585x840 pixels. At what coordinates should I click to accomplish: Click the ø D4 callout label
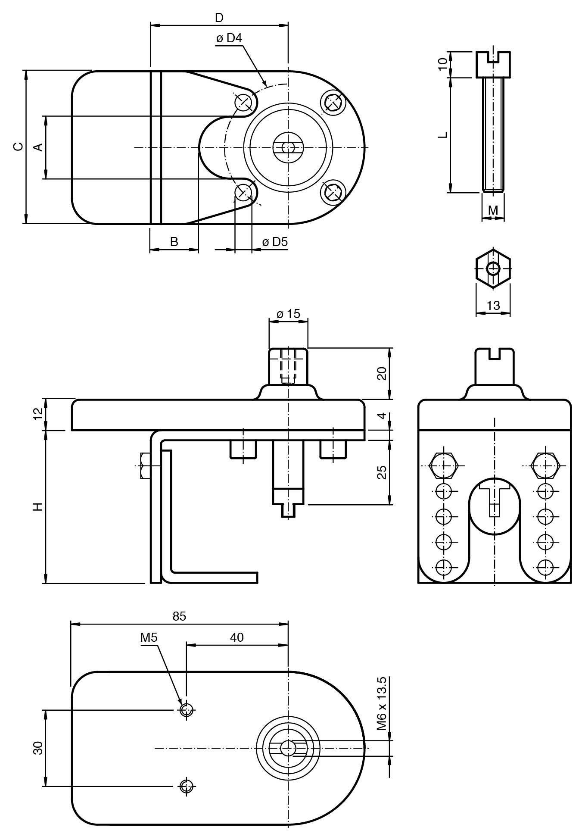(229, 38)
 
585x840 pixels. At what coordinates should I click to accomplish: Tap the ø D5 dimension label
(275, 242)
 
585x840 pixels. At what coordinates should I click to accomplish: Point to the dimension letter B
(174, 242)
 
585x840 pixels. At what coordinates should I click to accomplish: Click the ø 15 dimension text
(288, 314)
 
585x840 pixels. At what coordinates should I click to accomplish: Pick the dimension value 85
(179, 616)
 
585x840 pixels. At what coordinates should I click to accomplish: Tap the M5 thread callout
(149, 638)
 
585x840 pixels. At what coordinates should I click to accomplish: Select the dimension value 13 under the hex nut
(493, 306)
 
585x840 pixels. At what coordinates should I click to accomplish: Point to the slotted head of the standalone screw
(493, 64)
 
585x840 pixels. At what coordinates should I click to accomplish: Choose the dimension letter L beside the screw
(443, 135)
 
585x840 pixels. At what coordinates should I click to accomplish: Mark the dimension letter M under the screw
(493, 210)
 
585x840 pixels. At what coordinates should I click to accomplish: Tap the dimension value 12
(38, 414)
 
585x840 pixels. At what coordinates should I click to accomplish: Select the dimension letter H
(38, 507)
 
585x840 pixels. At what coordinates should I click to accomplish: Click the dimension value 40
(236, 637)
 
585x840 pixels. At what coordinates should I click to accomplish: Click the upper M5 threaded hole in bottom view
(186, 709)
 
